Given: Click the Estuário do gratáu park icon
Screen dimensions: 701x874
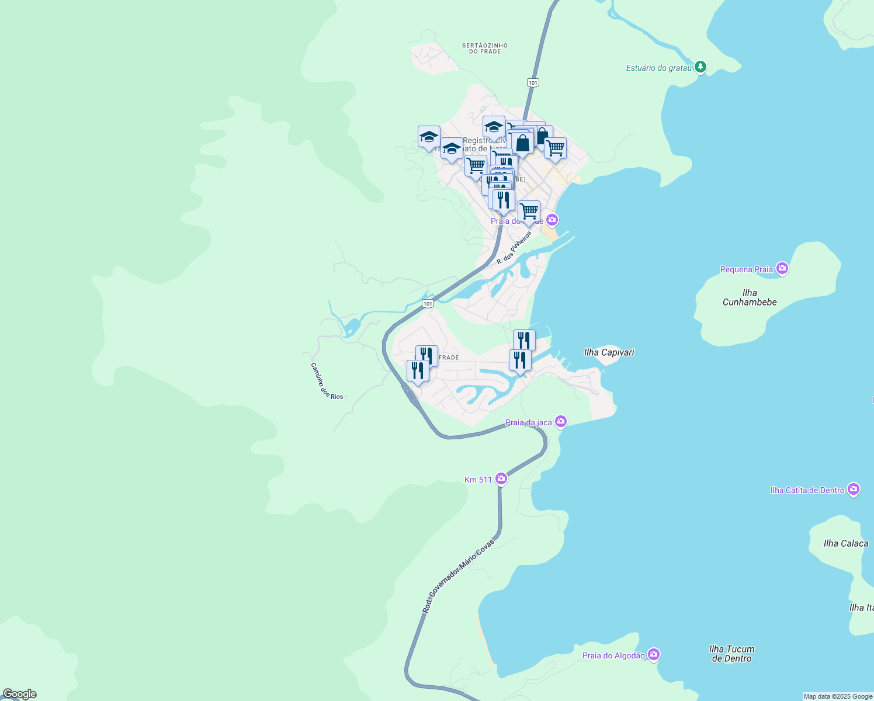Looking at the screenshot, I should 700,67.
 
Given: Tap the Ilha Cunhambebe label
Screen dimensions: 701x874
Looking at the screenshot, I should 750,297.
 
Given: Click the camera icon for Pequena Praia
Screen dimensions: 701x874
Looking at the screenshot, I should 782,269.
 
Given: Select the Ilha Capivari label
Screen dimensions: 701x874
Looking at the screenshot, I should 609,352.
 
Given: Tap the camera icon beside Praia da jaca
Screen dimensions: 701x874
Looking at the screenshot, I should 561,421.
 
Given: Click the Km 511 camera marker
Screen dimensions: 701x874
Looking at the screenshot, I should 501,479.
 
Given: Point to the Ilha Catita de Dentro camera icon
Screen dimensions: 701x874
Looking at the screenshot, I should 854,489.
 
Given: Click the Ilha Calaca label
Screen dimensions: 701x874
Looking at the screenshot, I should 845,543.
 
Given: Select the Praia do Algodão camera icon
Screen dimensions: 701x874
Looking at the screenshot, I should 654,654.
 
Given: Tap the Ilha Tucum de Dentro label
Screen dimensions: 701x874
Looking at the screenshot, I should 731,654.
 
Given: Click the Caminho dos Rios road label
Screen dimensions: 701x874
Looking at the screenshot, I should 326,381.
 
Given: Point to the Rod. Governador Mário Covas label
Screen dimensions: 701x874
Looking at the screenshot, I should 459,576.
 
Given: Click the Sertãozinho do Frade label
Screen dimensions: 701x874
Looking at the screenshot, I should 484,48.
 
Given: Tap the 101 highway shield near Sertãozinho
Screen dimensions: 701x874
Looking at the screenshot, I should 532,83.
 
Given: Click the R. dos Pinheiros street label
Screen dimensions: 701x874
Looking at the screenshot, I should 514,248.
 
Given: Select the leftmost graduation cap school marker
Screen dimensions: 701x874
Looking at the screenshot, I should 429,137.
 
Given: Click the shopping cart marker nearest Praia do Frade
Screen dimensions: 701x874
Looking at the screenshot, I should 529,211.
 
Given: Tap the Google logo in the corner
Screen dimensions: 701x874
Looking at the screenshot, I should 19,694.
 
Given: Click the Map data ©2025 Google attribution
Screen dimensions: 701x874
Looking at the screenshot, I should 838,696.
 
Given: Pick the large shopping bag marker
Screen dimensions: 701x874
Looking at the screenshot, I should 523,143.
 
